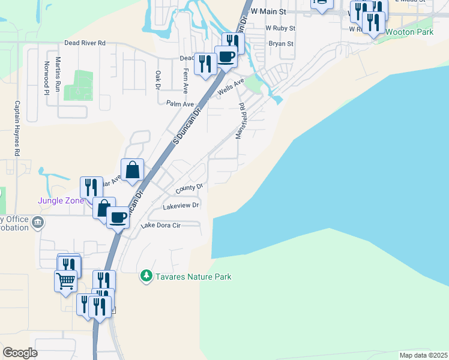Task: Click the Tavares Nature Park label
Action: tap(193, 277)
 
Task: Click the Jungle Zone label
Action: tap(61, 200)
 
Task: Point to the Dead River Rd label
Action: tap(85, 43)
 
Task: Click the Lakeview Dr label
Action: tap(181, 206)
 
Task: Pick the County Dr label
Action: tap(190, 189)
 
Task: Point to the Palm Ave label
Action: tap(180, 104)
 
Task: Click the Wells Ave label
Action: tap(232, 86)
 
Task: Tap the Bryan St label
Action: tap(281, 44)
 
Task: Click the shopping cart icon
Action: tap(65, 280)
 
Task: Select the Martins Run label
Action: tap(58, 74)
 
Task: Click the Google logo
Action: tap(20, 352)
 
